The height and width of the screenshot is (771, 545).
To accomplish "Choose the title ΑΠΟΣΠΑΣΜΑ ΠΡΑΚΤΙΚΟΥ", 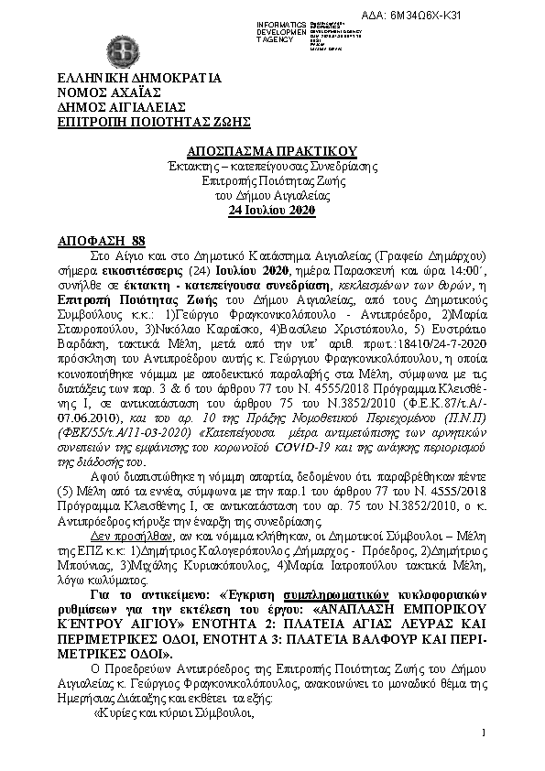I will click(271, 151).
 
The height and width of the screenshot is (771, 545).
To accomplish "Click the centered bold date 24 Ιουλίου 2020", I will click(271, 210).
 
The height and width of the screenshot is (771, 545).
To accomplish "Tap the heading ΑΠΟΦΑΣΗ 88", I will click(94, 239).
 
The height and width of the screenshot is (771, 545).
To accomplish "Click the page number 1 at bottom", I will click(482, 733).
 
